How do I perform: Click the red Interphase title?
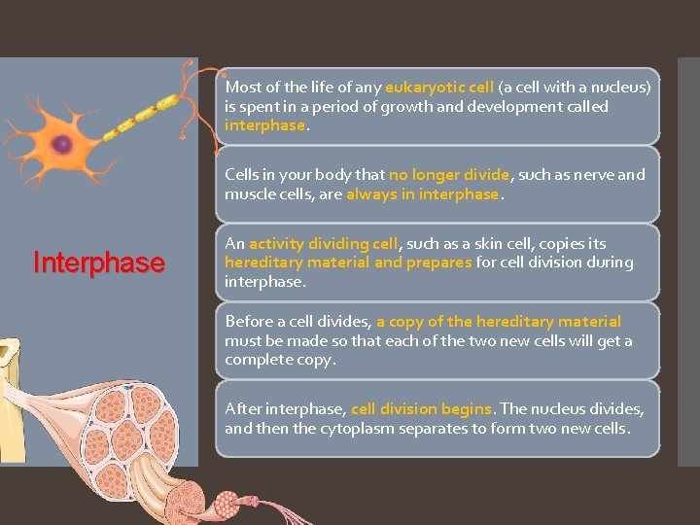point(98,263)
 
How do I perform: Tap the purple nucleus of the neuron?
point(62,144)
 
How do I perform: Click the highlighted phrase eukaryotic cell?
point(439,87)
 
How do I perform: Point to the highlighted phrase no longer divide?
point(448,175)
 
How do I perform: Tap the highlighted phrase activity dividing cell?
point(324,243)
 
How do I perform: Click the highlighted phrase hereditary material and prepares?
point(348,262)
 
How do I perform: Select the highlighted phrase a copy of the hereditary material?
point(499,321)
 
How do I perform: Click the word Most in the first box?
point(243,87)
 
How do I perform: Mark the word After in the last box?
point(242,408)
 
